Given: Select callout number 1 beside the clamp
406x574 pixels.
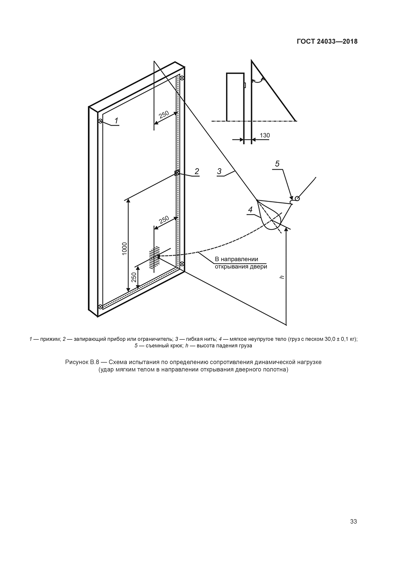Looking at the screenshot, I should point(116,121).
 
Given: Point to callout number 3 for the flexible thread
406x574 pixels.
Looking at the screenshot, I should point(219,171).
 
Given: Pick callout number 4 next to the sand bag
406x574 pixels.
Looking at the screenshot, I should point(250,210).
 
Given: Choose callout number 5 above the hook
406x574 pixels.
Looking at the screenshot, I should point(277,164).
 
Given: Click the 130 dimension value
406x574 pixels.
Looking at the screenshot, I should point(265,135).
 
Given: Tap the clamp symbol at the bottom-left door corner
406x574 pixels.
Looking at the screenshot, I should point(100,306).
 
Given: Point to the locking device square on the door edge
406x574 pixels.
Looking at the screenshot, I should point(177,173).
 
